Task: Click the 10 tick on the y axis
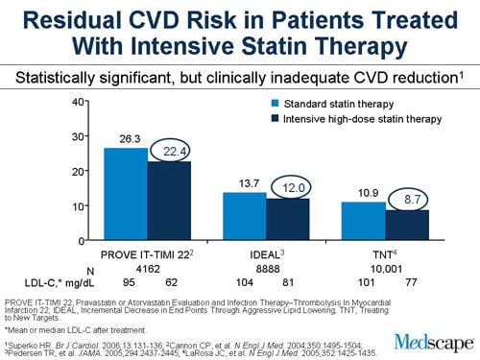(84, 205)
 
